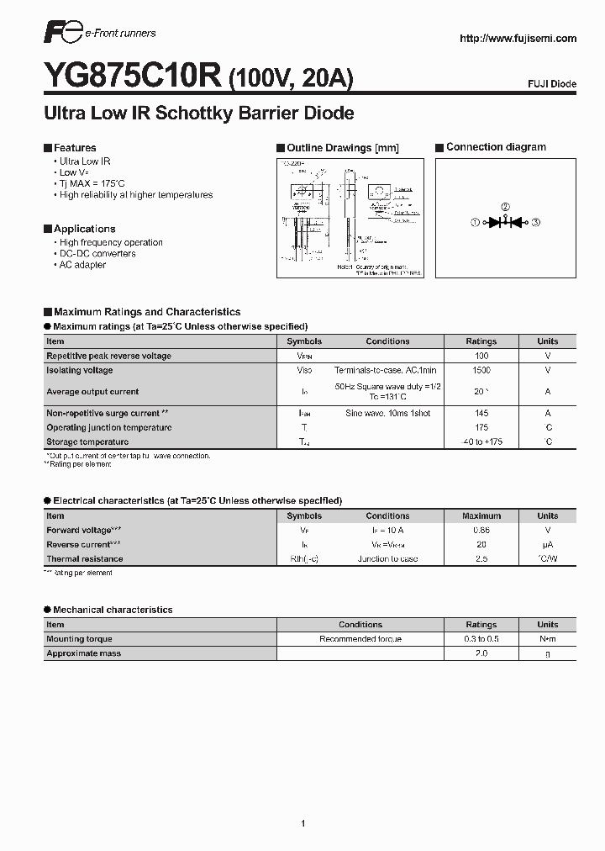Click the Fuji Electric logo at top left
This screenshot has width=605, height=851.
tap(61, 34)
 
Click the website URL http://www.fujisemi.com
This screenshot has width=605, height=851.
tap(518, 39)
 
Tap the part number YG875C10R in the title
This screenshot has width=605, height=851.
tap(134, 77)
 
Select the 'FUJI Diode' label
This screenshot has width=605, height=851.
tap(552, 85)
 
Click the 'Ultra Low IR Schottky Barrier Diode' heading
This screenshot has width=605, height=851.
tap(198, 114)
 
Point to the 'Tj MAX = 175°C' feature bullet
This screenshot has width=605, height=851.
tap(92, 183)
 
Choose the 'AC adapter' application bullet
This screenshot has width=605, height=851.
tap(82, 265)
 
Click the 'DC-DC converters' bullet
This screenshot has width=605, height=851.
tap(97, 253)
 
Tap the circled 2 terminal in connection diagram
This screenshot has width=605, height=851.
tap(505, 207)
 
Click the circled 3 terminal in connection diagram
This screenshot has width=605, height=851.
tap(536, 222)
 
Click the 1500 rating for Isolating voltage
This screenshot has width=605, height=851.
tap(481, 370)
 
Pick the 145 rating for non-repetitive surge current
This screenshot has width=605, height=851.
tap(481, 413)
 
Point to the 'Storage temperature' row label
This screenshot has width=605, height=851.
tap(87, 441)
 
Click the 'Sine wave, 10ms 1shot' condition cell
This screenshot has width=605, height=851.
tap(387, 413)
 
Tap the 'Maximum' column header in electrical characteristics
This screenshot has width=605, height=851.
tap(481, 515)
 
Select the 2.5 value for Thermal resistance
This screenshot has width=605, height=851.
tap(481, 558)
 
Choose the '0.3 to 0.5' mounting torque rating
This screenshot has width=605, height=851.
tap(481, 639)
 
